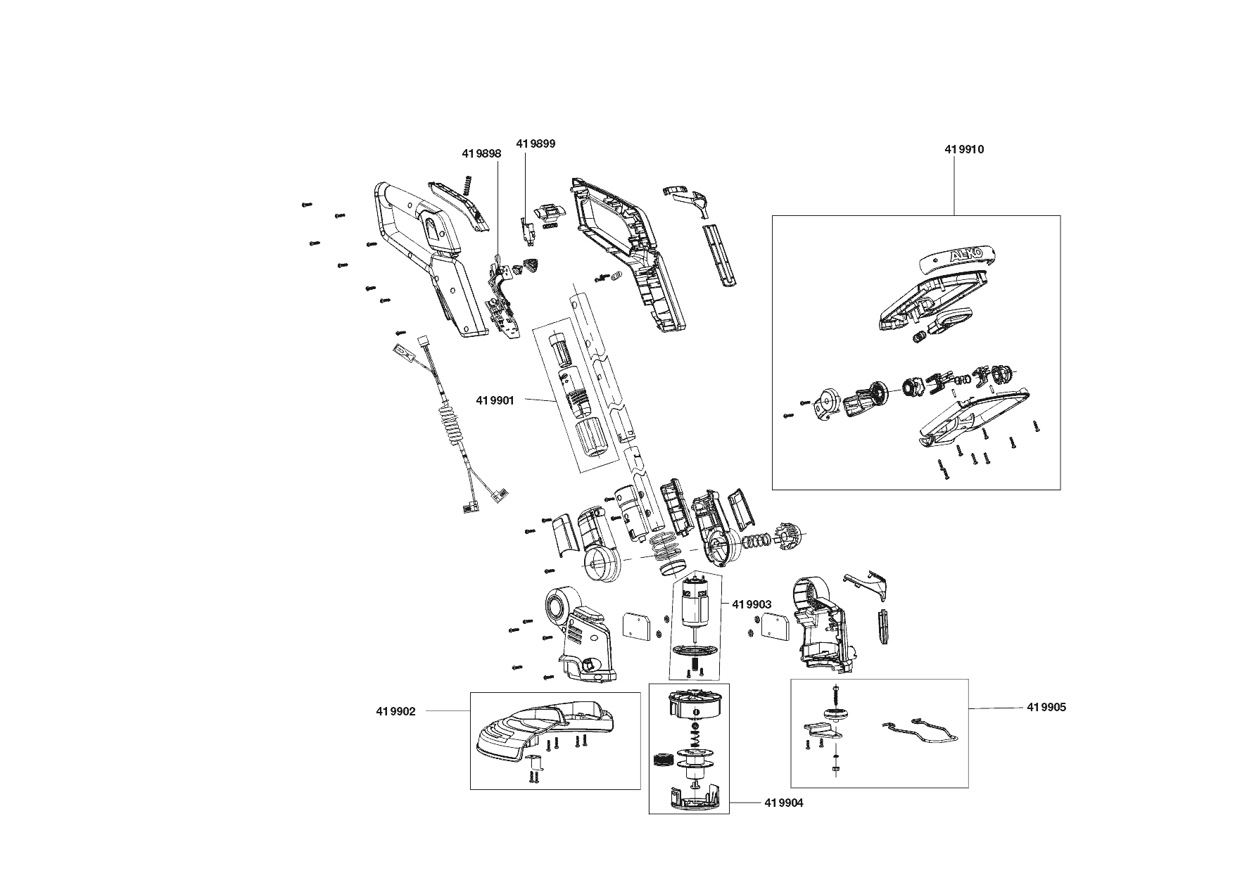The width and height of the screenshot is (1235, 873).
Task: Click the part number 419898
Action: [481, 153]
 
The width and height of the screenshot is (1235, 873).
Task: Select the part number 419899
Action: [536, 144]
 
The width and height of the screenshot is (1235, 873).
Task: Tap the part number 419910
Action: [963, 149]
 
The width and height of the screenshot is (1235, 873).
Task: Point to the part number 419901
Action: [495, 400]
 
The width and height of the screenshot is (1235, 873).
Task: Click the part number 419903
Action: [752, 604]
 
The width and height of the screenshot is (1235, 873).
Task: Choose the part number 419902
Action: [395, 711]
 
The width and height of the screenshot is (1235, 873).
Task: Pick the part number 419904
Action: [783, 803]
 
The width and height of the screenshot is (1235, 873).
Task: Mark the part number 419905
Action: [1046, 707]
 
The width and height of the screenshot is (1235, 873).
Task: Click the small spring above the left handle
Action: [467, 186]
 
